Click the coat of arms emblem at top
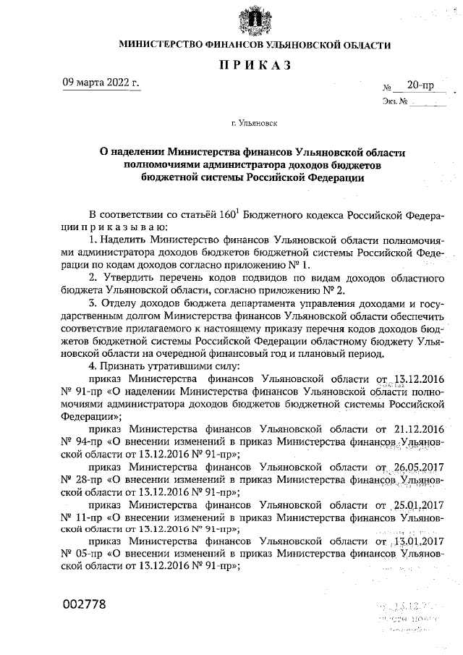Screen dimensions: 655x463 [255, 21]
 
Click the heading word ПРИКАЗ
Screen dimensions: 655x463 [255, 67]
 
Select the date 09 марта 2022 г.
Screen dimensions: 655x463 [101, 82]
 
